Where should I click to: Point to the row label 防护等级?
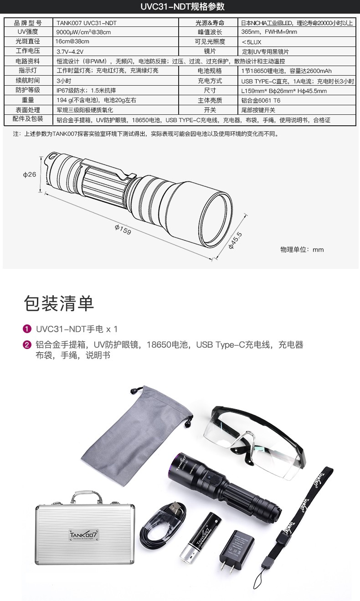point(28,91)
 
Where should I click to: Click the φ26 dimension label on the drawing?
point(30,175)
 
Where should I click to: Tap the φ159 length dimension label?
point(123,230)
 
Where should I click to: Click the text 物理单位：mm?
point(302,250)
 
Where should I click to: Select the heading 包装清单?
point(59,304)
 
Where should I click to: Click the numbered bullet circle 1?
point(27,329)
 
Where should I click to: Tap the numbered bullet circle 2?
point(27,345)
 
